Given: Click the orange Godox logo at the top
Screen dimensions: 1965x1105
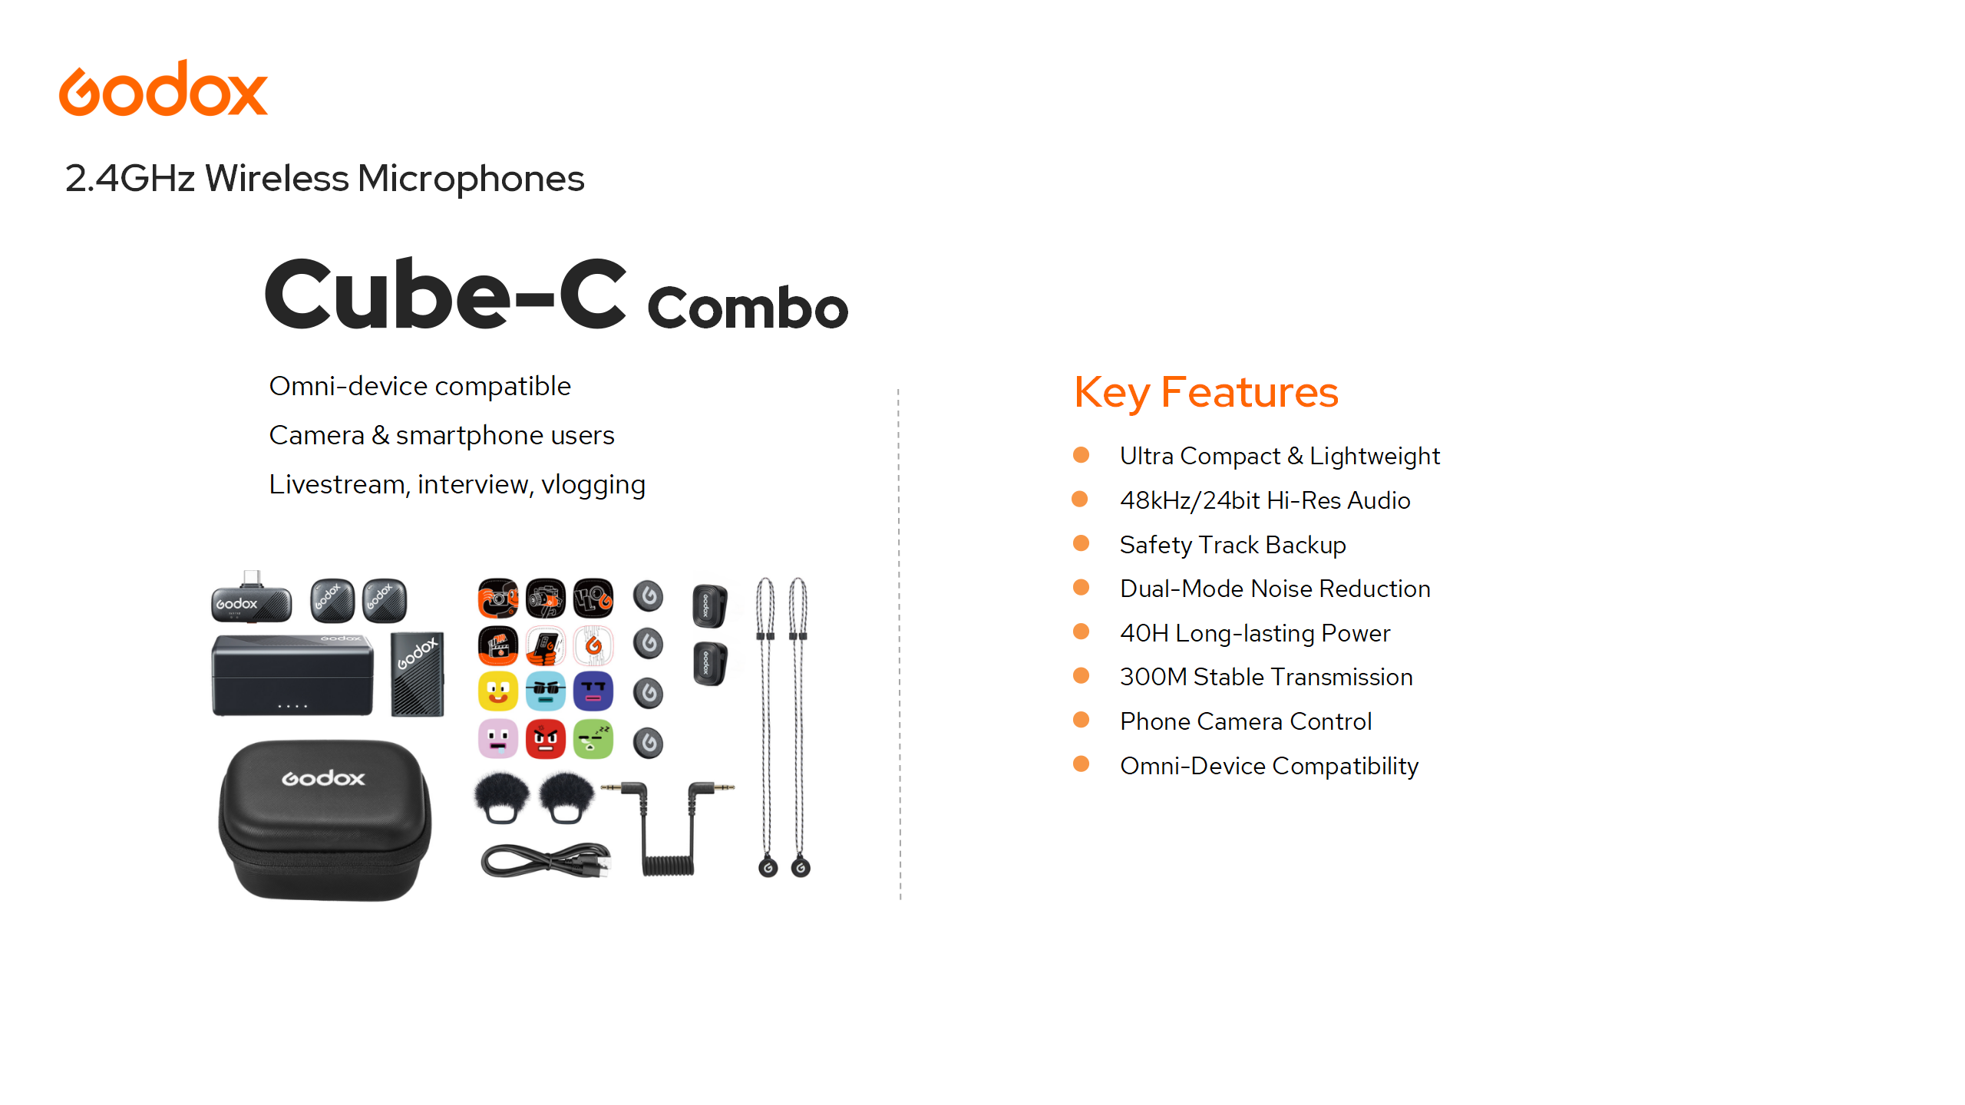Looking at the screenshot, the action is click(x=163, y=89).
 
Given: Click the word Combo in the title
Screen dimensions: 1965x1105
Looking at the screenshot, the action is click(x=748, y=307).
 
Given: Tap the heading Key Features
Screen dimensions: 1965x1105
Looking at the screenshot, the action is click(x=1206, y=393).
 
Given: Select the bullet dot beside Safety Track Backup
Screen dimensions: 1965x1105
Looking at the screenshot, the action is click(x=1081, y=543).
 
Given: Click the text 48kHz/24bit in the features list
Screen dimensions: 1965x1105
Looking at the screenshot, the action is click(x=1190, y=500).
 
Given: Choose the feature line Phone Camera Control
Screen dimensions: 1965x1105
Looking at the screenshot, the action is click(x=1245, y=721).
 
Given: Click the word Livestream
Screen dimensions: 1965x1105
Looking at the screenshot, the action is click(x=337, y=485).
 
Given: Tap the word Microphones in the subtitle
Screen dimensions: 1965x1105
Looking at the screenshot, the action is click(x=471, y=178).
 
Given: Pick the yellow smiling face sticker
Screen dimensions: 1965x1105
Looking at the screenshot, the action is click(x=498, y=691).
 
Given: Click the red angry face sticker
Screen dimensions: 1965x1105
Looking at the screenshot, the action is click(x=546, y=739).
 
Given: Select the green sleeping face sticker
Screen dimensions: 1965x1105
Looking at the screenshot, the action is click(x=593, y=739).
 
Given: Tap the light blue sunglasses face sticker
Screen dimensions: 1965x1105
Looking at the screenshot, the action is click(x=546, y=691).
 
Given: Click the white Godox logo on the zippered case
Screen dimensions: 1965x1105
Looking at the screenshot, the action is click(x=323, y=779).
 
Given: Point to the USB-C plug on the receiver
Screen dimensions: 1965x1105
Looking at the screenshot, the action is click(x=252, y=579).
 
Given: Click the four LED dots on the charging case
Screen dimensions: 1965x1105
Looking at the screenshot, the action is click(x=292, y=706).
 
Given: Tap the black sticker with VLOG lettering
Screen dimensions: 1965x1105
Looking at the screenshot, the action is click(x=593, y=598).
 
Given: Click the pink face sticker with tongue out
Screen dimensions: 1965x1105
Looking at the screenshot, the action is click(x=498, y=739).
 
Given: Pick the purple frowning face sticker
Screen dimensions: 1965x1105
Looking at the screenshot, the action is click(x=593, y=691).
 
